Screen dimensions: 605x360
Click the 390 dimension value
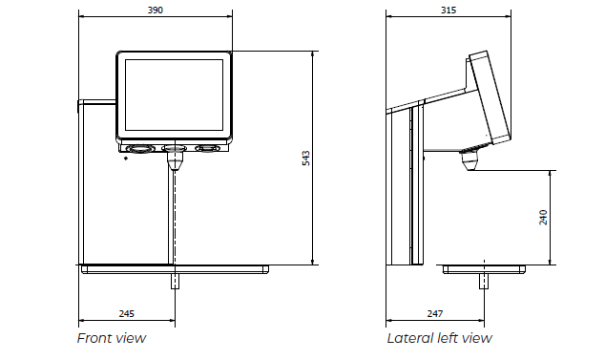(156, 11)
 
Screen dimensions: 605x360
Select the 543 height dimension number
(305, 159)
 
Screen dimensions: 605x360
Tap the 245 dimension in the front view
(127, 313)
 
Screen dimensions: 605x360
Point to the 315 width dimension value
(449, 11)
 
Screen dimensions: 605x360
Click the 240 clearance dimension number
(543, 218)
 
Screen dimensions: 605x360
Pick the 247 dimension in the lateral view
(435, 313)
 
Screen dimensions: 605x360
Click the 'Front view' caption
(112, 338)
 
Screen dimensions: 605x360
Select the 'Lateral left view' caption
(440, 338)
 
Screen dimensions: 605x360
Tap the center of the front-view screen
(174, 95)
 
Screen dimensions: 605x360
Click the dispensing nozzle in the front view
(175, 160)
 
